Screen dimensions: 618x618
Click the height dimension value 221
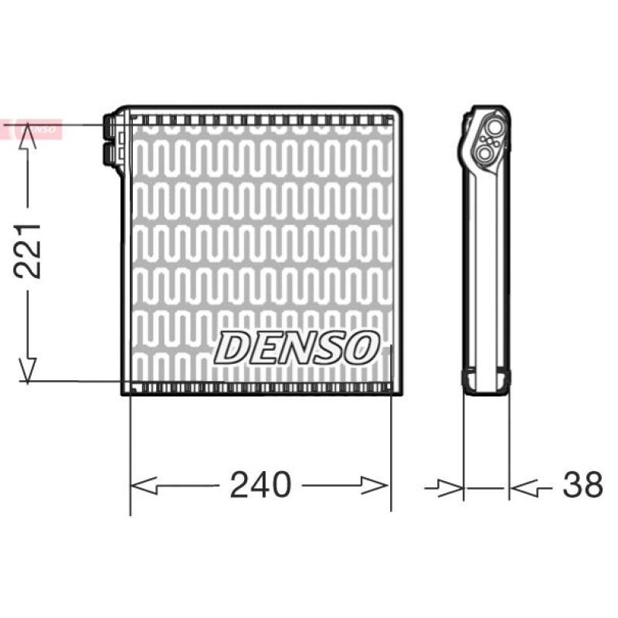[27, 250]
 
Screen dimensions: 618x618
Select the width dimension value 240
[260, 484]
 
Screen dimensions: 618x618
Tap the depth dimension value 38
[582, 484]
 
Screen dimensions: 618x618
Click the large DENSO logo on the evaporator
[297, 348]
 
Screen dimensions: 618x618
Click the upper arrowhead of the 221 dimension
[28, 136]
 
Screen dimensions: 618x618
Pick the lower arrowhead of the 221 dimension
[28, 370]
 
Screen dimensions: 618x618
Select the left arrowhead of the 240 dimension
[144, 485]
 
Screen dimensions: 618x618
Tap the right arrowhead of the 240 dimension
[375, 485]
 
